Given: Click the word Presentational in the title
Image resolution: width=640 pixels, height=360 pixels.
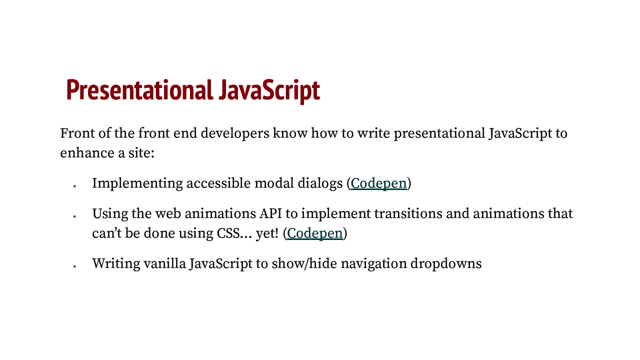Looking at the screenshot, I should [139, 90].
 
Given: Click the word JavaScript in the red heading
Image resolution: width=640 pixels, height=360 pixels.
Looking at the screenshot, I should [269, 90].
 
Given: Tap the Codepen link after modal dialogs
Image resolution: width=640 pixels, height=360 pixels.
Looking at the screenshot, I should [378, 183].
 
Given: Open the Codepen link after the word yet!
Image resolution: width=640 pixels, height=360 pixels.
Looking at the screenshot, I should [315, 233].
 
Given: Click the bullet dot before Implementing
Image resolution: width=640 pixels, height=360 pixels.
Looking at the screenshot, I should [75, 186].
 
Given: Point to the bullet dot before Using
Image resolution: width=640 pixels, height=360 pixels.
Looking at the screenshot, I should [75, 216].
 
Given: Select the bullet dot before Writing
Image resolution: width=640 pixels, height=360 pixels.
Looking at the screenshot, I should [75, 266].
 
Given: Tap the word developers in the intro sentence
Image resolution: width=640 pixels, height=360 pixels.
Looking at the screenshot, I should [235, 133].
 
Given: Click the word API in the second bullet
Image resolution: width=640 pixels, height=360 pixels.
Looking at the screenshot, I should [270, 214].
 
